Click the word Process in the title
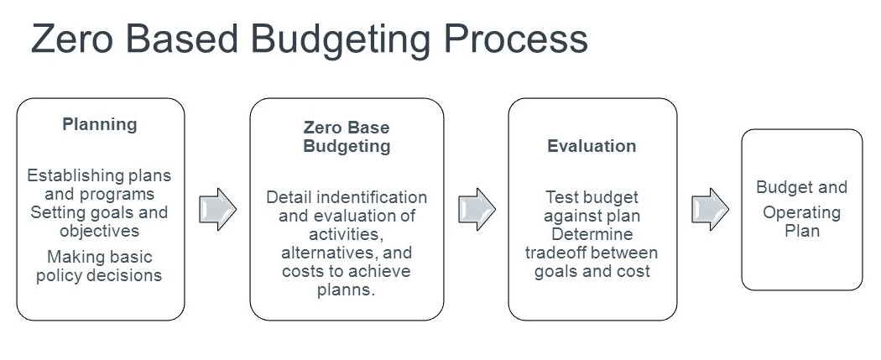tap(515, 39)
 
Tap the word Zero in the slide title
tap(73, 39)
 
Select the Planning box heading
tap(100, 125)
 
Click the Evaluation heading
tap(592, 146)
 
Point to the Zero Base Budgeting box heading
tap(347, 137)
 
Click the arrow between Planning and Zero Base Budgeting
tap(217, 209)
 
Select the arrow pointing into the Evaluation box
tap(477, 209)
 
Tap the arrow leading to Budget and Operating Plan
tap(710, 209)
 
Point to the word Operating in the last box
tap(802, 213)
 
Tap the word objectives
tap(100, 231)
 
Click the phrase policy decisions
tap(99, 276)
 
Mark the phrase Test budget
tap(592, 197)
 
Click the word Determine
tap(592, 234)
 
